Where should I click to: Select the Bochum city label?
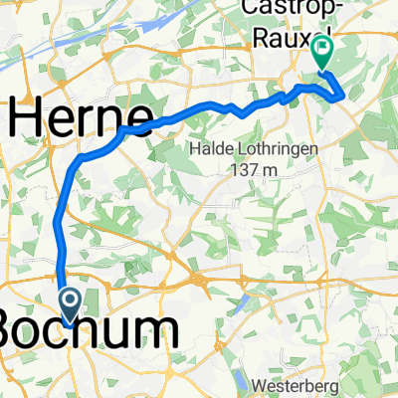[x=90, y=330]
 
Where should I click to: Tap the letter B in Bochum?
[x=12, y=330]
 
